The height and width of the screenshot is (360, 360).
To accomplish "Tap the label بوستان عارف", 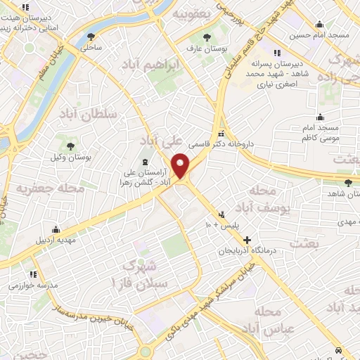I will pos(200,49).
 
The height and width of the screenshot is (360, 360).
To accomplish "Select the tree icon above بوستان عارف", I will pos(206,38).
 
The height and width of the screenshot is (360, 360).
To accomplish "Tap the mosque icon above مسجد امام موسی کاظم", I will pos(321,117).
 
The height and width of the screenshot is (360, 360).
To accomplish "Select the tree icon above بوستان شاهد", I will pos(338,183).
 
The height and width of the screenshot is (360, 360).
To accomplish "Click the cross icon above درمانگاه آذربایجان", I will pos(247,240).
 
